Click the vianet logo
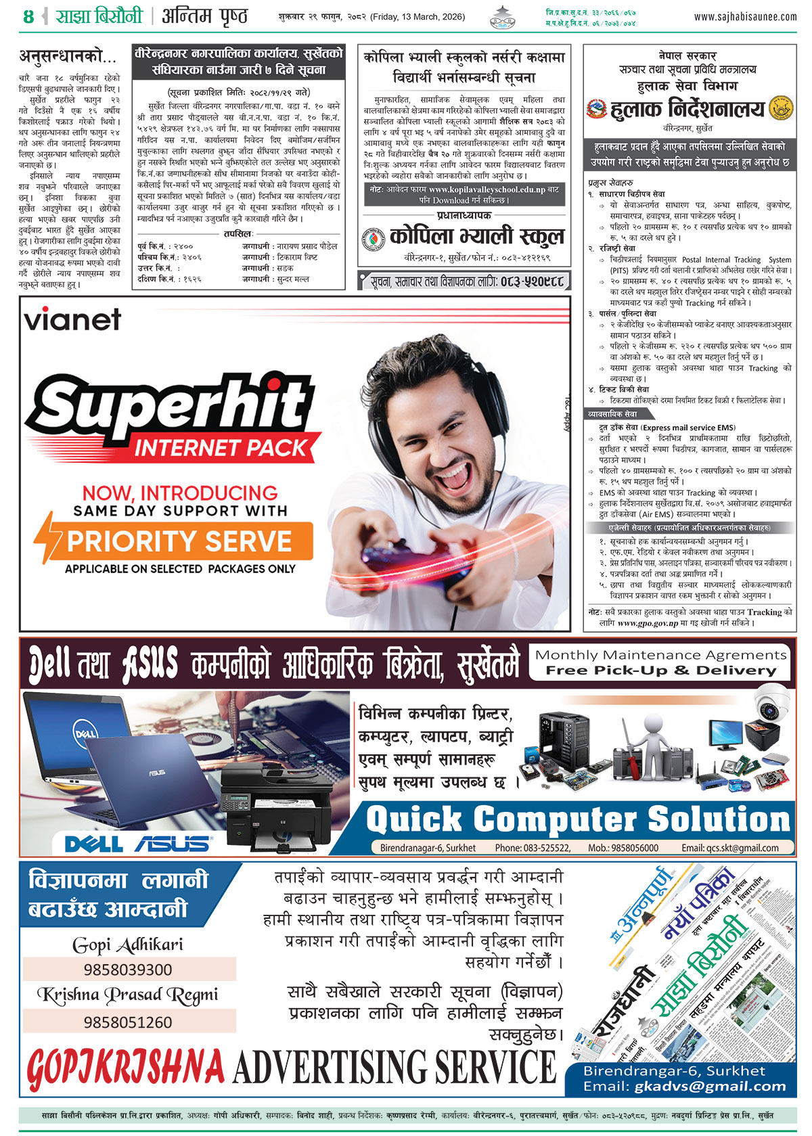pyautogui.click(x=72, y=319)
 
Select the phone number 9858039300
pyautogui.click(x=128, y=970)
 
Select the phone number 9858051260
pyautogui.click(x=128, y=1022)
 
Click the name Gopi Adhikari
pyautogui.click(x=128, y=945)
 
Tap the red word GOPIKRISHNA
pyautogui.click(x=126, y=1067)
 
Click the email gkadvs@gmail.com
pyautogui.click(x=710, y=1087)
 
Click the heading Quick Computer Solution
pyautogui.click(x=578, y=819)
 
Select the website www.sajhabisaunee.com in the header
pyautogui.click(x=745, y=16)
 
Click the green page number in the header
pyautogui.click(x=28, y=17)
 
